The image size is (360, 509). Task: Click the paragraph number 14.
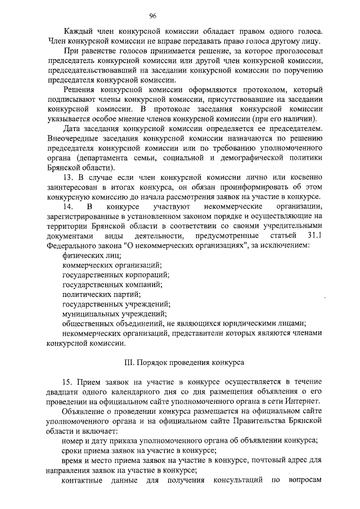click(x=68, y=206)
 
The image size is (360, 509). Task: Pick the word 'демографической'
click(x=247, y=157)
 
